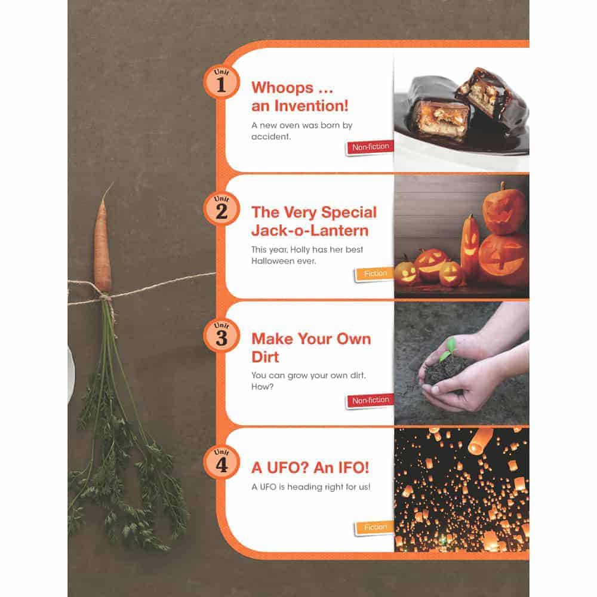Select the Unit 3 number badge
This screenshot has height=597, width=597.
click(x=221, y=335)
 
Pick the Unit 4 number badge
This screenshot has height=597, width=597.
click(x=221, y=462)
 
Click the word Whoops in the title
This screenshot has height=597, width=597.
click(x=282, y=88)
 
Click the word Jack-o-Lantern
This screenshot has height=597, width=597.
click(x=310, y=230)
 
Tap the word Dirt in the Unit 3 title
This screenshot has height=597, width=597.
click(x=265, y=357)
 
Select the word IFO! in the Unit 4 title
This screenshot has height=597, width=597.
click(x=352, y=467)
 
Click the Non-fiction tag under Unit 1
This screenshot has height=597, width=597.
click(x=370, y=147)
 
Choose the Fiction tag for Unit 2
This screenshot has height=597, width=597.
click(x=375, y=274)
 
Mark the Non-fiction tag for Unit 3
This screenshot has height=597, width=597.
click(x=370, y=401)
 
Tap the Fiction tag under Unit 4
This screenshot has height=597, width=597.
click(x=375, y=527)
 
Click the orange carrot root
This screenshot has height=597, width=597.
click(x=103, y=244)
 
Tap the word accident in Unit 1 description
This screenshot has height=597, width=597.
click(x=270, y=137)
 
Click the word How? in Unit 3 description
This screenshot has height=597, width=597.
click(x=262, y=387)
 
